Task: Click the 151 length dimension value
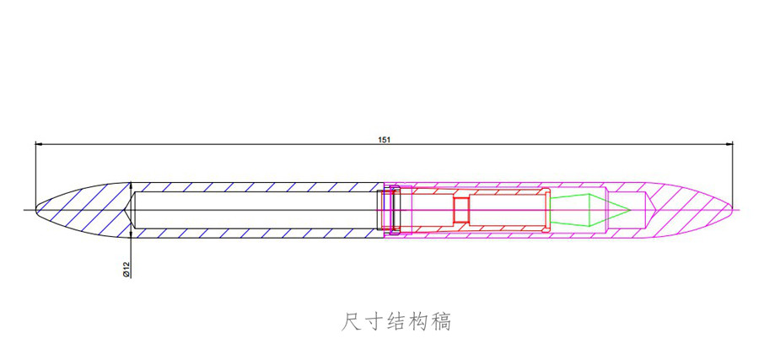[x=383, y=138]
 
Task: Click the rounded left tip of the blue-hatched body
[x=38, y=207]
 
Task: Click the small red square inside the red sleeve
[x=460, y=208]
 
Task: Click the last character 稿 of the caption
[x=441, y=321]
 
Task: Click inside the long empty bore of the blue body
[x=253, y=208]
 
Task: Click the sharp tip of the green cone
[x=629, y=208]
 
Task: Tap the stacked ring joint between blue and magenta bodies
[x=390, y=208]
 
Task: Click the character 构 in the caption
[x=419, y=321]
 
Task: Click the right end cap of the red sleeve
[x=545, y=208]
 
